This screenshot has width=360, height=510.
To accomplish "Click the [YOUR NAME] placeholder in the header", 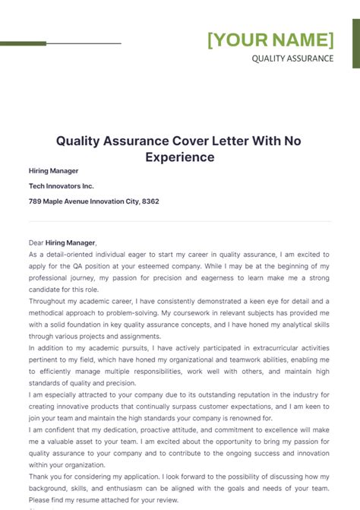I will pyautogui.click(x=270, y=40).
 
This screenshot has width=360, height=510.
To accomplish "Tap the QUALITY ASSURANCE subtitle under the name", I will pyautogui.click(x=292, y=59).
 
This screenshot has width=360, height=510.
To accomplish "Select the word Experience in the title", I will pyautogui.click(x=180, y=157).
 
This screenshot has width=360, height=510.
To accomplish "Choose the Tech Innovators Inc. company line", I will pyautogui.click(x=62, y=186).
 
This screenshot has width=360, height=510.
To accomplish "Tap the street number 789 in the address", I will pyautogui.click(x=36, y=201).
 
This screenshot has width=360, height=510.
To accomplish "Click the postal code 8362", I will pyautogui.click(x=149, y=201).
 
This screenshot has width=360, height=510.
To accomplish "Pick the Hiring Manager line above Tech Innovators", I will pyautogui.click(x=53, y=171).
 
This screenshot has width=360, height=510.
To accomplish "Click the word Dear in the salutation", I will pyautogui.click(x=36, y=242).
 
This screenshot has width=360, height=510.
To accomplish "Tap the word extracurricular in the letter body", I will pyautogui.click(x=259, y=349).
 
